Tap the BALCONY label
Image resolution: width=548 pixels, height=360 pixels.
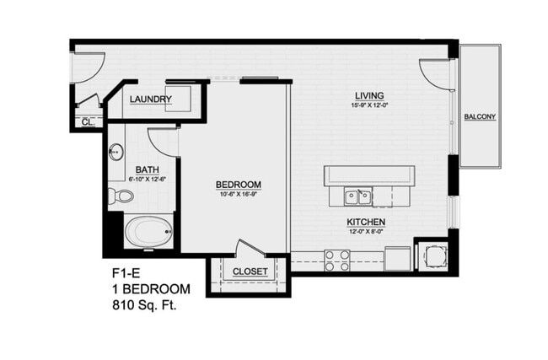pyautogui.click(x=480, y=116)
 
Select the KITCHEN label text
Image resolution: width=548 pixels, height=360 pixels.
pyautogui.click(x=367, y=223)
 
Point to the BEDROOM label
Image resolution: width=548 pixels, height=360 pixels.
pyautogui.click(x=238, y=185)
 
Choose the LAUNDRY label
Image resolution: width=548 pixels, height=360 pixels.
pyautogui.click(x=152, y=99)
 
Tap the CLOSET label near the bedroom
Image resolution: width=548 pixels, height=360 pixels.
pyautogui.click(x=250, y=271)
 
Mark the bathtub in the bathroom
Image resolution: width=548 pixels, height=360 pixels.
pyautogui.click(x=148, y=230)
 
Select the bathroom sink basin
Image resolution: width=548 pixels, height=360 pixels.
pyautogui.click(x=117, y=153)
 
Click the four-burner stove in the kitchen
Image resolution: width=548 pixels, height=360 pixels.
pyautogui.click(x=337, y=260)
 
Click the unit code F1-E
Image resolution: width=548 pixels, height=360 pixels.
pyautogui.click(x=126, y=273)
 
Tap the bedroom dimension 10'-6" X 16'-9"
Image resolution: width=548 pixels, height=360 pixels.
pyautogui.click(x=237, y=194)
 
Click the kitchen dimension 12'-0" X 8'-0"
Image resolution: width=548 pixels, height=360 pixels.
pyautogui.click(x=367, y=232)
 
